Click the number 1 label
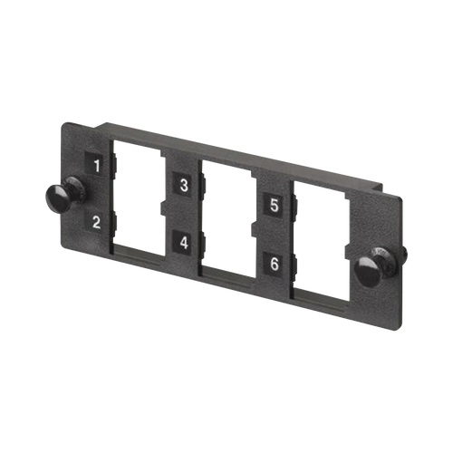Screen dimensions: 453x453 pos(97,165)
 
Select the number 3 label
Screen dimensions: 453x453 pos(184,185)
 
